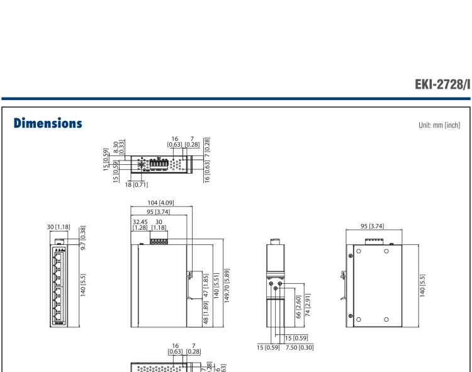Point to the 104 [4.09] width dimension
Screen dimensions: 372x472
(x=162, y=203)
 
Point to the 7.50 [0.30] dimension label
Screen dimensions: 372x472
(x=299, y=345)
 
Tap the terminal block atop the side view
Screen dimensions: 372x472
(x=159, y=241)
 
